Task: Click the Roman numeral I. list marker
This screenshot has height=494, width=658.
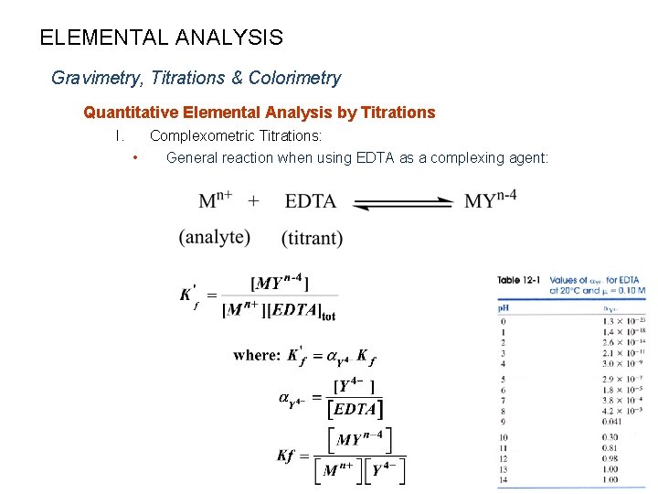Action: pyautogui.click(x=119, y=136)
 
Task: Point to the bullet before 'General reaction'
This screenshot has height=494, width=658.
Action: pyautogui.click(x=135, y=158)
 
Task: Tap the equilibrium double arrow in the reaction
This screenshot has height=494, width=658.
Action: pyautogui.click(x=403, y=202)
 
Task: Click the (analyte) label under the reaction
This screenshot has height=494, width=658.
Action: pyautogui.click(x=215, y=238)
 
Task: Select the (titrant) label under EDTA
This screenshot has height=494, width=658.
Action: pyautogui.click(x=313, y=239)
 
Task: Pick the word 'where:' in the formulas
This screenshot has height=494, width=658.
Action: pyautogui.click(x=257, y=355)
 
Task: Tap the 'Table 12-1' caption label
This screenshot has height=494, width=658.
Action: pyautogui.click(x=521, y=280)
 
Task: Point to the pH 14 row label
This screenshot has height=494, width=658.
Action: pyautogui.click(x=504, y=479)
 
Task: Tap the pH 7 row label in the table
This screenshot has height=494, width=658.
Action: pyautogui.click(x=503, y=400)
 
